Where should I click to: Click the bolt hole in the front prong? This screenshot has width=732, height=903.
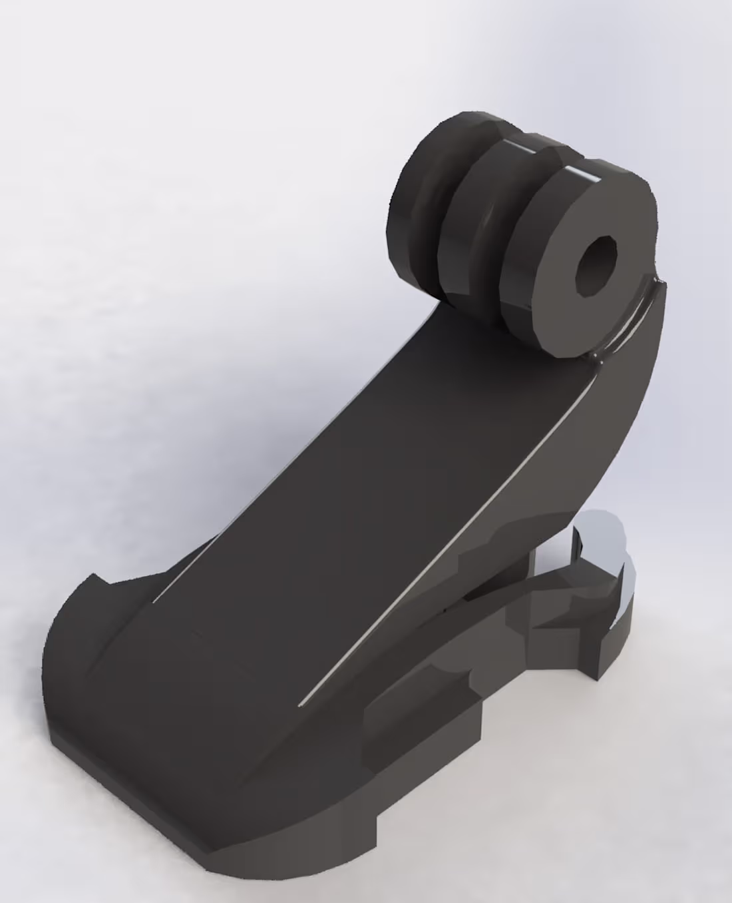click(596, 266)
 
